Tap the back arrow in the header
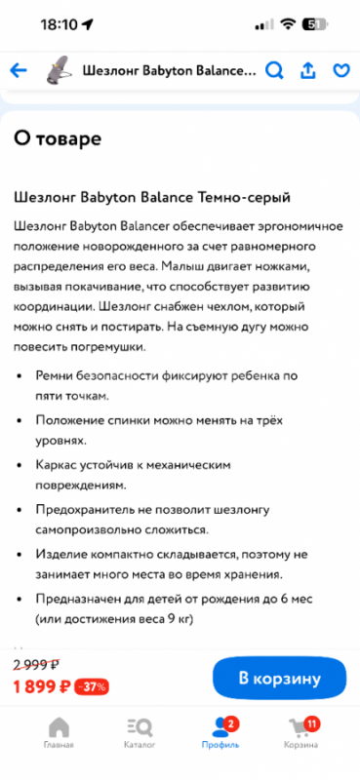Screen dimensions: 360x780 click(18, 71)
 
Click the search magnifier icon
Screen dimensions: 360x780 click(275, 71)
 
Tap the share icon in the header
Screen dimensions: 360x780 click(308, 71)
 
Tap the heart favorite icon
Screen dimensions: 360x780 click(341, 71)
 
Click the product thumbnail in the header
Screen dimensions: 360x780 click(59, 70)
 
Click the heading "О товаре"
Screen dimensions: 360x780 click(57, 138)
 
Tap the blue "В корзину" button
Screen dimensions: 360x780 click(279, 678)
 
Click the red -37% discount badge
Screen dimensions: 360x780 click(93, 686)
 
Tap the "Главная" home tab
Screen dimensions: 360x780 click(59, 733)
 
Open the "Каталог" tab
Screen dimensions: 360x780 click(139, 733)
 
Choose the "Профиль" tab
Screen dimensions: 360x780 click(220, 733)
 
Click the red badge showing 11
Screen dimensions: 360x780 click(311, 722)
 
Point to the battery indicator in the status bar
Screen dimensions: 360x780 click(314, 23)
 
